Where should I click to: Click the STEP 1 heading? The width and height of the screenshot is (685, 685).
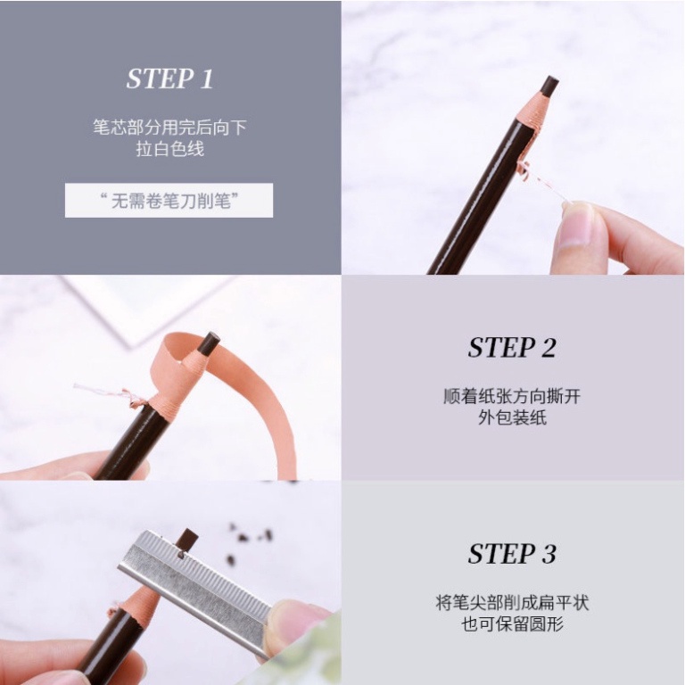tap(169, 78)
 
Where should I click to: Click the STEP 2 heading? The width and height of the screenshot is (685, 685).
tap(511, 348)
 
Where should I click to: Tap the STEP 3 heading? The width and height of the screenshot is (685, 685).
tap(511, 554)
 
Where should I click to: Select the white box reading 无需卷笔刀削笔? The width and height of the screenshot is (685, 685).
tap(169, 201)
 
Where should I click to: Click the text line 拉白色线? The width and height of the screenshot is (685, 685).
tap(169, 149)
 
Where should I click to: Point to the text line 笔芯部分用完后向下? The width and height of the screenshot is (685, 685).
tap(169, 128)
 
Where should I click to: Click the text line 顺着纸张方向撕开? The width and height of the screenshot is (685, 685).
tap(511, 396)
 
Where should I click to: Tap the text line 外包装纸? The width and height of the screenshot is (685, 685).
tap(511, 417)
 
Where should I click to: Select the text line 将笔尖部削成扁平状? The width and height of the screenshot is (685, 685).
tap(511, 603)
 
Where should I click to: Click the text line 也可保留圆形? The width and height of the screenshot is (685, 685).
tap(511, 624)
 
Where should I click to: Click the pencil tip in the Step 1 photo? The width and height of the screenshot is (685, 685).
tap(549, 87)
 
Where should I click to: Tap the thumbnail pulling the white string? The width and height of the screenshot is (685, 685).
tap(575, 223)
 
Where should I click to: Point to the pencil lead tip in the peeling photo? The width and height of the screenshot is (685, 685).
tap(211, 341)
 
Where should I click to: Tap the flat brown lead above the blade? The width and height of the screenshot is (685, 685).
tap(186, 539)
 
